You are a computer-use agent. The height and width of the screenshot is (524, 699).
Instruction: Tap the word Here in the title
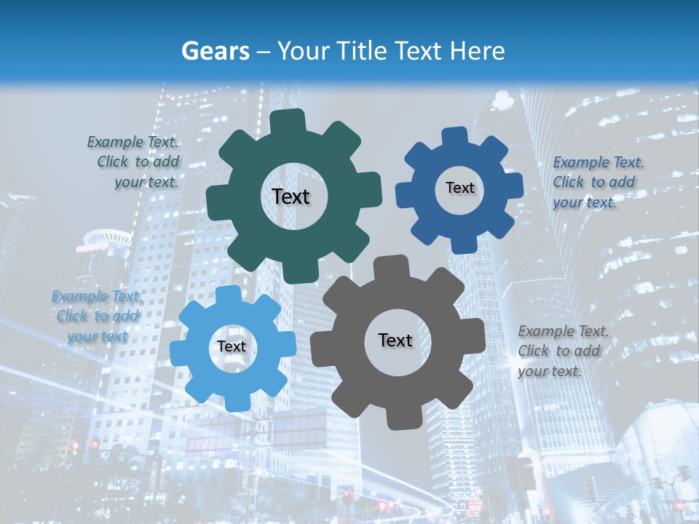point(477,51)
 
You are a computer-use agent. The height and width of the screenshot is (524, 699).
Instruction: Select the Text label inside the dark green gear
point(291,196)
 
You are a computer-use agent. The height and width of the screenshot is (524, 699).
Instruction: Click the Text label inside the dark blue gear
point(459,188)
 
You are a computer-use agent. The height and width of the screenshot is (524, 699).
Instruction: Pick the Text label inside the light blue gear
point(232,346)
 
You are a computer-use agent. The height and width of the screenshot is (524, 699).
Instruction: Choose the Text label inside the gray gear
point(395,340)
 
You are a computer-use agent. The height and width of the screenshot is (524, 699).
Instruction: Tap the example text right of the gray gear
point(561,351)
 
